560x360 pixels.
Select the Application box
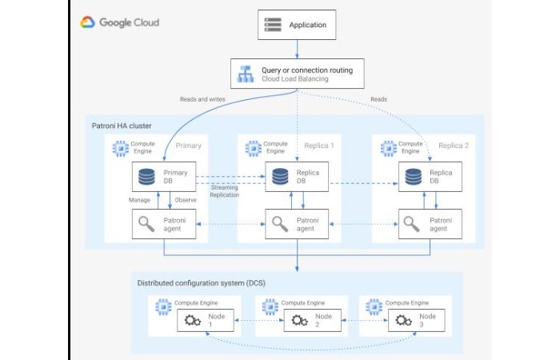click(x=297, y=26)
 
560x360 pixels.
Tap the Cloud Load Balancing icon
click(x=245, y=75)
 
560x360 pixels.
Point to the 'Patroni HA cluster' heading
click(x=121, y=126)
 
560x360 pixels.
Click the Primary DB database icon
click(x=147, y=178)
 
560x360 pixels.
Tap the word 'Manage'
click(x=141, y=200)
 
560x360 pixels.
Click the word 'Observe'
click(x=186, y=200)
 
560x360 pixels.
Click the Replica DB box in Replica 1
click(x=298, y=177)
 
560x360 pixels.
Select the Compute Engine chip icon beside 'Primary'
click(x=122, y=147)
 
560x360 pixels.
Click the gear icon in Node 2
click(x=300, y=321)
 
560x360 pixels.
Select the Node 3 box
click(x=415, y=320)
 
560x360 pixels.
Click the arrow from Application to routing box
click(x=297, y=50)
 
